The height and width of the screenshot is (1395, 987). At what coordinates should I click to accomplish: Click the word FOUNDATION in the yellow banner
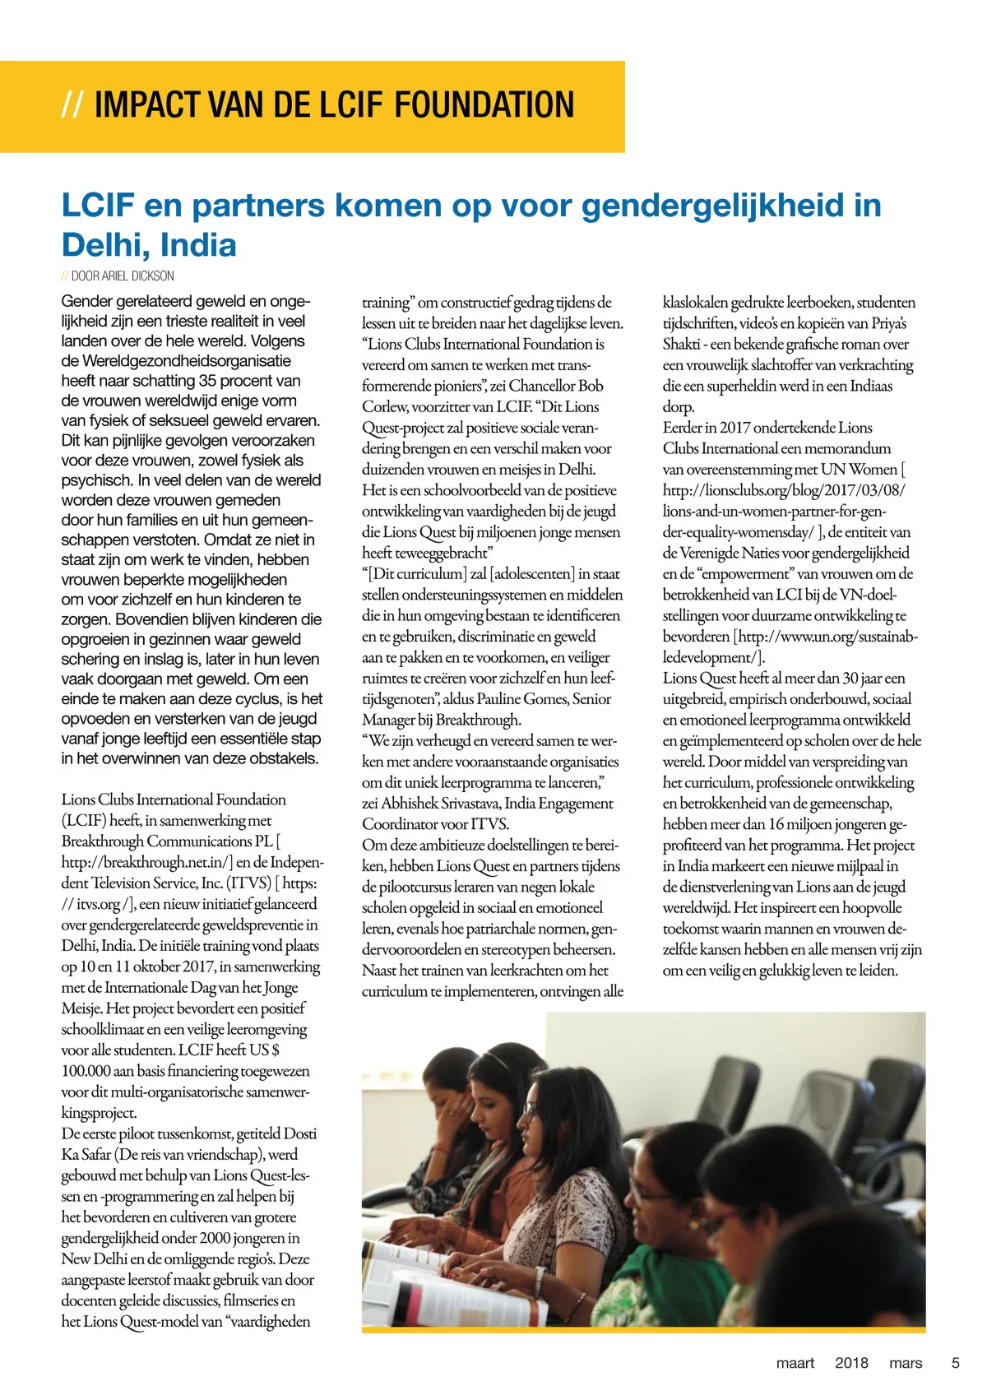(484, 105)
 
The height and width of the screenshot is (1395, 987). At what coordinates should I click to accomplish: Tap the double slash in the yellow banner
(72, 105)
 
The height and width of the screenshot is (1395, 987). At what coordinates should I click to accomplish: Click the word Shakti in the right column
(680, 345)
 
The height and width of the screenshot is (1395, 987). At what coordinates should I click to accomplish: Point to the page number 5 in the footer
(955, 1363)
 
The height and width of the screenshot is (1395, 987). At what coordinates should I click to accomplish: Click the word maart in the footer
(795, 1363)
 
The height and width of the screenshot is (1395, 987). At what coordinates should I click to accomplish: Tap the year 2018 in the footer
(851, 1363)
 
